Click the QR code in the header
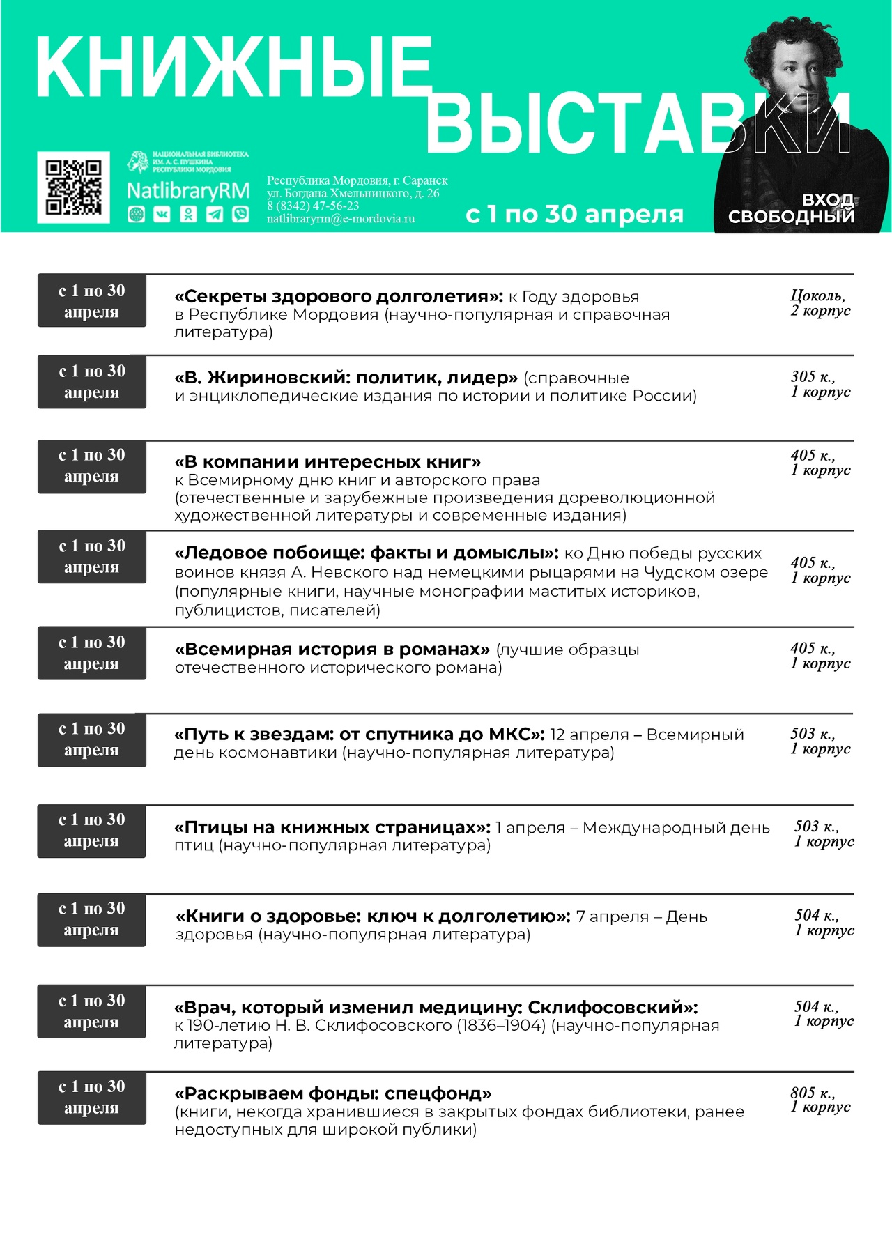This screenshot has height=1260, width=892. click(x=73, y=187)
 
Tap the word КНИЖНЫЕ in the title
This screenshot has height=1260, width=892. click(x=233, y=68)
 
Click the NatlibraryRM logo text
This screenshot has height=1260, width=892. click(x=187, y=191)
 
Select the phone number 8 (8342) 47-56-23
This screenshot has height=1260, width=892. click(x=313, y=206)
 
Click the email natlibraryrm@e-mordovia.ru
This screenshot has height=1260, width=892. click(x=341, y=218)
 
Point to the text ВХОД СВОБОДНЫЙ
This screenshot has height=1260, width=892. click(x=792, y=208)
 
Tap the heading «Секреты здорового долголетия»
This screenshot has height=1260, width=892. click(x=339, y=297)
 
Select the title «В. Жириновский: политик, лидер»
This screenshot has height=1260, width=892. click(x=346, y=378)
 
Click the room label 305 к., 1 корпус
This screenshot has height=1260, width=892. click(x=820, y=384)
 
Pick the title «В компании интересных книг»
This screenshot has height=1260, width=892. click(x=328, y=462)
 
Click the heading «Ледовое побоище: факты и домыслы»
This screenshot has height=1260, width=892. click(x=367, y=553)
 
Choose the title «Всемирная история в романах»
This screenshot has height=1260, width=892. click(x=332, y=650)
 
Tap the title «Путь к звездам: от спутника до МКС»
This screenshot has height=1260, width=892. click(x=359, y=735)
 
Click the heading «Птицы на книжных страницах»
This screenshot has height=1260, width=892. click(x=333, y=827)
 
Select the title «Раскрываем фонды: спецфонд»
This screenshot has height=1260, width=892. click(x=333, y=1093)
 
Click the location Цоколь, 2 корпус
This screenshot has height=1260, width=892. click(x=820, y=303)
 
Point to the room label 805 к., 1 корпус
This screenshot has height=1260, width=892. click(x=820, y=1100)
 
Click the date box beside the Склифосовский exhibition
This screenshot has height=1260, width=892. click(x=91, y=1011)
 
